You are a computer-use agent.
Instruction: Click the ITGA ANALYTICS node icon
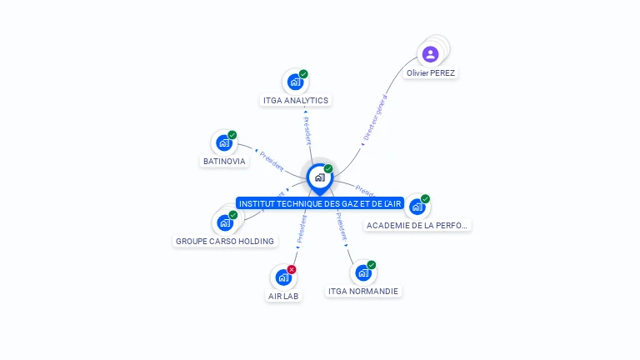point(294,82)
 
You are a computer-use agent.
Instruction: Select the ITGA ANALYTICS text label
point(296,101)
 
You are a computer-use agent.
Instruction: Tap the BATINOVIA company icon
point(223,142)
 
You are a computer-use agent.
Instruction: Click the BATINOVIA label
point(225,162)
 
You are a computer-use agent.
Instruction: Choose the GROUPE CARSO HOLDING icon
point(224,222)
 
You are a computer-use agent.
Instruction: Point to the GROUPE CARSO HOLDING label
point(225,242)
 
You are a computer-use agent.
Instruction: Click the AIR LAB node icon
point(282,277)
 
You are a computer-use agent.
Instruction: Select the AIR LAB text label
point(283,296)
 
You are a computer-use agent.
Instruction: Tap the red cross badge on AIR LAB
point(292,269)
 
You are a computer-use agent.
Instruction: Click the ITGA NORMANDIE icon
point(362,272)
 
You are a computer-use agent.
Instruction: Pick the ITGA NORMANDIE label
point(363,292)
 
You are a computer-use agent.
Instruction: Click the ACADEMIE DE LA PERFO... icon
point(416,207)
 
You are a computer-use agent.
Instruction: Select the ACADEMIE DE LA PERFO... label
point(418,226)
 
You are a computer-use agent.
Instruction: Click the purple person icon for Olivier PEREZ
point(430,54)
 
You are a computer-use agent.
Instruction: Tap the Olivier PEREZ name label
point(431,73)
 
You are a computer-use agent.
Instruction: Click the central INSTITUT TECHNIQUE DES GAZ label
point(320,203)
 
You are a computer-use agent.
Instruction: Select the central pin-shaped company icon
point(319,177)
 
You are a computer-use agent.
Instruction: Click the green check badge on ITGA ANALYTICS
point(303,74)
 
